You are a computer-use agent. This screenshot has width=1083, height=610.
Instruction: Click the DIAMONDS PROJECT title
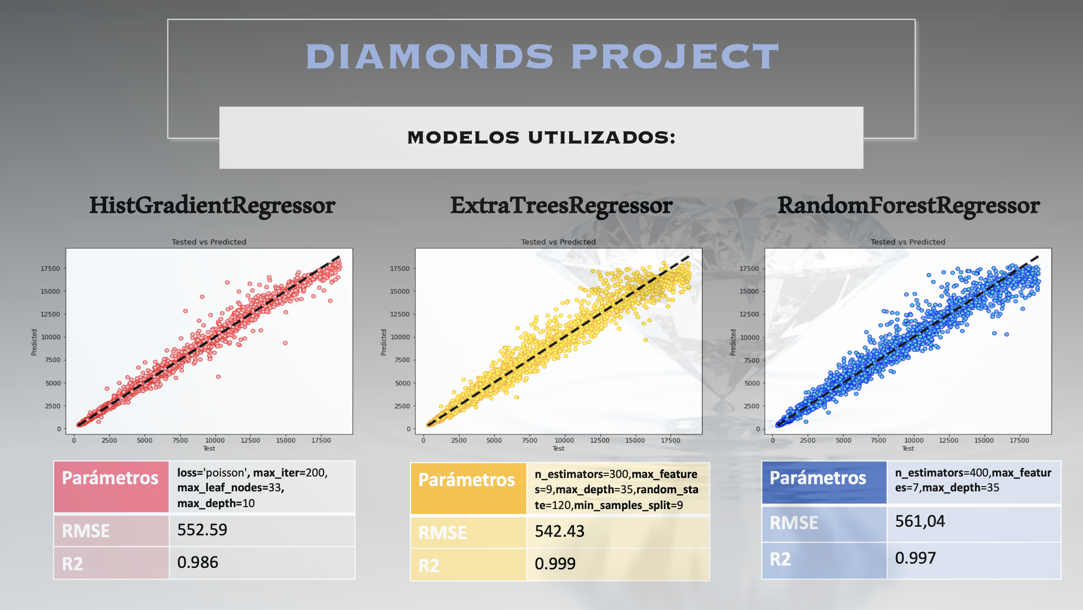[541, 56]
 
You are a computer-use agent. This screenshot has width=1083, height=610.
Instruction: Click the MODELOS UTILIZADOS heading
[541, 138]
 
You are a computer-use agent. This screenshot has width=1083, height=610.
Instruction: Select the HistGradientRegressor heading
[212, 205]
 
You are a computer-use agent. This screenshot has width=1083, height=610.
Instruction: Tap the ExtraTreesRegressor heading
[561, 205]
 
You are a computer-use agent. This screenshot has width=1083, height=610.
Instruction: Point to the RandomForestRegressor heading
[908, 205]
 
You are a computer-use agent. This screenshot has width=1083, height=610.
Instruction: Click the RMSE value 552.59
[202, 530]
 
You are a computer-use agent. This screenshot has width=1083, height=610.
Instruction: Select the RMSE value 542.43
[559, 532]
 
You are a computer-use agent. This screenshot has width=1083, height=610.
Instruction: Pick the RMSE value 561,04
[920, 521]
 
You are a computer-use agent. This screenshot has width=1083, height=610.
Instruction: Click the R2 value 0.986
[197, 563]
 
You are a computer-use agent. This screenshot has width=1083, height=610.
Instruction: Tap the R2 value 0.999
[555, 564]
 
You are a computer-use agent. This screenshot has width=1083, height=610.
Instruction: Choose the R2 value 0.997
[915, 558]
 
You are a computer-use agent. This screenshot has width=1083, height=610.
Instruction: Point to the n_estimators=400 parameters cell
[973, 480]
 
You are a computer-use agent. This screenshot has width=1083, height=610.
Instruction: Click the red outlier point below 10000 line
[285, 343]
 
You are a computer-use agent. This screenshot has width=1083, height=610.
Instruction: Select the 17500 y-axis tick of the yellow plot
[400, 268]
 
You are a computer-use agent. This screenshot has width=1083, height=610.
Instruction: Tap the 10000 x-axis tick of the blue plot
[913, 441]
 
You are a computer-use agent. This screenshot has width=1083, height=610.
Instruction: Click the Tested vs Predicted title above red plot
[209, 242]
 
